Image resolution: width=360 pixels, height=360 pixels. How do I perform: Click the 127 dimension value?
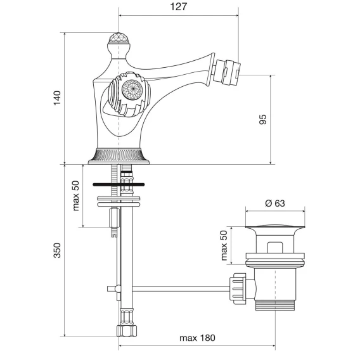(x=178, y=7)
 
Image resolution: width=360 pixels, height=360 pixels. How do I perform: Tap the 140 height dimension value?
(x=57, y=98)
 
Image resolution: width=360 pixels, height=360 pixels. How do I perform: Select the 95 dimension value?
(x=263, y=119)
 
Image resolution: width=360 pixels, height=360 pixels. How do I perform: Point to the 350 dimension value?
(x=57, y=250)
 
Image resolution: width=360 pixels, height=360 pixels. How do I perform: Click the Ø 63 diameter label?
(x=275, y=203)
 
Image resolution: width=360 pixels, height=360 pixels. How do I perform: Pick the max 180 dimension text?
(x=198, y=338)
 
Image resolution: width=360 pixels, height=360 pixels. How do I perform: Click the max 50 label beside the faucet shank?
(x=75, y=196)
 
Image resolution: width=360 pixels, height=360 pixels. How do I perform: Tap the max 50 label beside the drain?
(x=224, y=245)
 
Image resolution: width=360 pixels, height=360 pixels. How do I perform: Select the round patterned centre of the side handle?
(x=132, y=90)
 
